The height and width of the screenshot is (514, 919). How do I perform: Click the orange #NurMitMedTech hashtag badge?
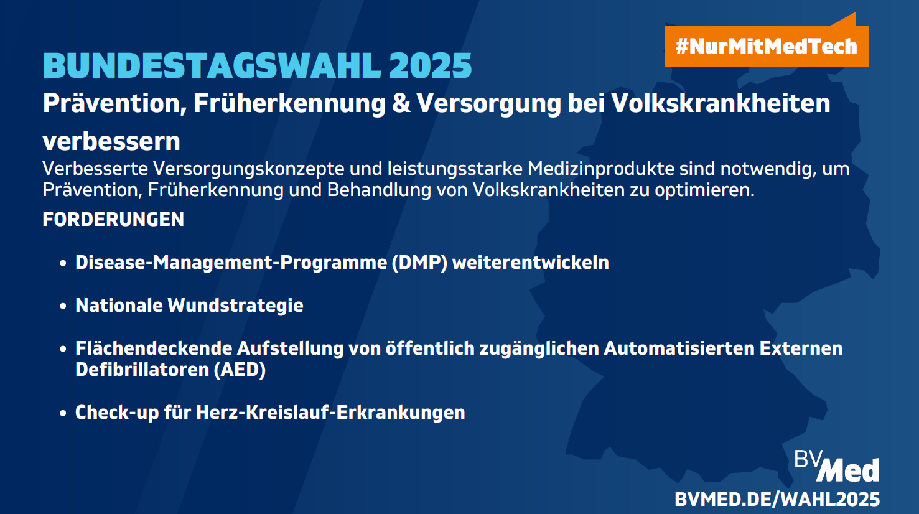tap(766, 45)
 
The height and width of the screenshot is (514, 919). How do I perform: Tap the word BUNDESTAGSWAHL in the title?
tap(212, 65)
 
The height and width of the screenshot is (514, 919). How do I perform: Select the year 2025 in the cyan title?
tap(431, 65)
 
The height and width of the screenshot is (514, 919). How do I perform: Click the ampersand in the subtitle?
tap(401, 103)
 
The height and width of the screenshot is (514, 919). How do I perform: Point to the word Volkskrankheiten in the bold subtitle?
tap(721, 103)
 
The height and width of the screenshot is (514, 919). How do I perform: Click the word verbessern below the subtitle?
tap(111, 141)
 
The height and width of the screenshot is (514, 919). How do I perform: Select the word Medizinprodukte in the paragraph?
tap(601, 169)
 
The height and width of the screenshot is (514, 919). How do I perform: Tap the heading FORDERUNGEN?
tap(113, 220)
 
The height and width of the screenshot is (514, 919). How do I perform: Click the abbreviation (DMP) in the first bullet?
tap(419, 263)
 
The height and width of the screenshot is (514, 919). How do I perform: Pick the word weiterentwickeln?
tap(531, 263)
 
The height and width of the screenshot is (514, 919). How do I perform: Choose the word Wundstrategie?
tap(235, 306)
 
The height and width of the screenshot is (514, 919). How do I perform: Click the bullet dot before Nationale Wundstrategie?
tap(63, 306)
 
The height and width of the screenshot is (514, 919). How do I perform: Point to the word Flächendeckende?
tap(154, 348)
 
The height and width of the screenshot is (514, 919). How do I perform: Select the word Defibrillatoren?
tap(142, 370)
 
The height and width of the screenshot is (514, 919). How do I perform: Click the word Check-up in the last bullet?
tap(117, 413)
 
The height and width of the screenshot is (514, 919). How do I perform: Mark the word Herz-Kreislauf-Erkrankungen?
tap(330, 413)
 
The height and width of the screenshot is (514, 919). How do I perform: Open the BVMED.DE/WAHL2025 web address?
tap(778, 499)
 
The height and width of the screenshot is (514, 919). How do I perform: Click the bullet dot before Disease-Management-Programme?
tap(63, 263)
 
